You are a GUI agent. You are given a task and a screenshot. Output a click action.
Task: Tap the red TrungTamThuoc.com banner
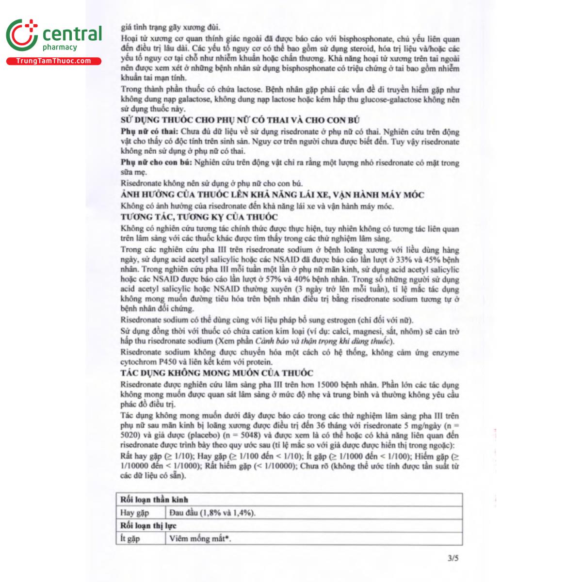pyautogui.click(x=53, y=61)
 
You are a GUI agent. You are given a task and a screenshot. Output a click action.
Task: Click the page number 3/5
pyautogui.click(x=453, y=558)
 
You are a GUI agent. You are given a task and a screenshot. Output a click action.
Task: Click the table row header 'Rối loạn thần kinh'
pyautogui.click(x=154, y=499)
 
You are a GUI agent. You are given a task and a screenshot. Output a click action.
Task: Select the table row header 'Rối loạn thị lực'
pyautogui.click(x=148, y=525)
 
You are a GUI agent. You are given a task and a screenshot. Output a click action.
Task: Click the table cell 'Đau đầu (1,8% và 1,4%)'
pyautogui.click(x=213, y=513)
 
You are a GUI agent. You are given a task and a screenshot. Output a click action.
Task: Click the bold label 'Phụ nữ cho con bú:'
pyautogui.click(x=156, y=163)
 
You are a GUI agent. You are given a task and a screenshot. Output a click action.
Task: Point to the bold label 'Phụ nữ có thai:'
pyautogui.click(x=149, y=132)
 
